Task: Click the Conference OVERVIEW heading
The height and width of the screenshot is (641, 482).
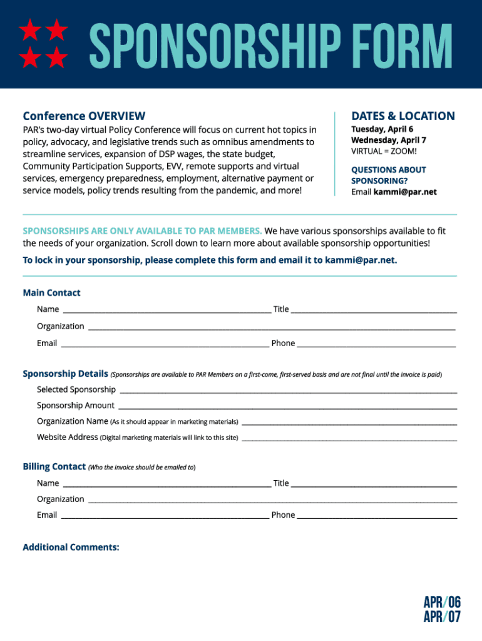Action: (84, 116)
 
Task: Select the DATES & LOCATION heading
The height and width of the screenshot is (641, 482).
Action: (403, 116)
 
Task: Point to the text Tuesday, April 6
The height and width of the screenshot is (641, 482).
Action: (382, 129)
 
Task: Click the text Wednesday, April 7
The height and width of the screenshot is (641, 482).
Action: (388, 140)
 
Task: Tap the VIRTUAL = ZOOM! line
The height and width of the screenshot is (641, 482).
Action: (384, 151)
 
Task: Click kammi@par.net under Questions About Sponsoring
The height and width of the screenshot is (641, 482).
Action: (405, 192)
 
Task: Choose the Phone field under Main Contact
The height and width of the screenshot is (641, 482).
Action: (376, 342)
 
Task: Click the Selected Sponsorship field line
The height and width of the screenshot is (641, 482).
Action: (288, 389)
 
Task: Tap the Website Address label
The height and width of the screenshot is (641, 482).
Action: (68, 437)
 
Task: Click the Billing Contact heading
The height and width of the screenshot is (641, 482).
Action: (54, 466)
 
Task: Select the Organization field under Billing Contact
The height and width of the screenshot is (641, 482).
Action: (272, 499)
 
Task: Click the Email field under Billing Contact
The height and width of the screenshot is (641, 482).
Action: (165, 515)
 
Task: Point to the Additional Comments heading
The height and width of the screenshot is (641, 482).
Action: (71, 547)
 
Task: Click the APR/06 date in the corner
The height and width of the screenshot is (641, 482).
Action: (442, 602)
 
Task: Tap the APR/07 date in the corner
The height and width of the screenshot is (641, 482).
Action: (442, 617)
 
